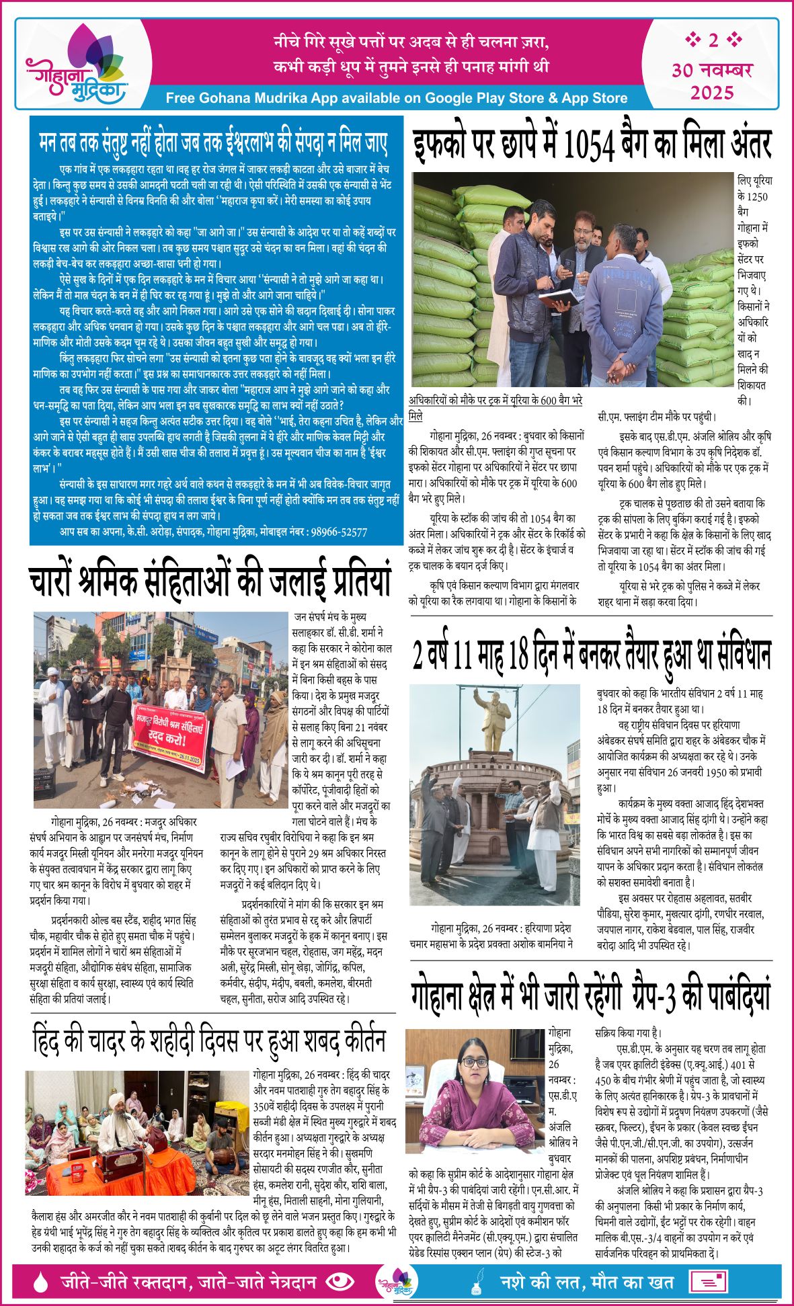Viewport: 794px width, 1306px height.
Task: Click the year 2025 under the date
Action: (x=711, y=92)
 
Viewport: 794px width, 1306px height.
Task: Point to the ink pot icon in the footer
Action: (x=478, y=1281)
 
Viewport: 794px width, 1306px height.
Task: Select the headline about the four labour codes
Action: (x=210, y=580)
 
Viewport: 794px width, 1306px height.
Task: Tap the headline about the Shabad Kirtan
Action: (x=208, y=1041)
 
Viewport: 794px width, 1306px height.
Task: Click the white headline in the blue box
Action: (x=213, y=142)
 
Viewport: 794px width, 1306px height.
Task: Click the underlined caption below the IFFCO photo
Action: (x=495, y=409)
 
